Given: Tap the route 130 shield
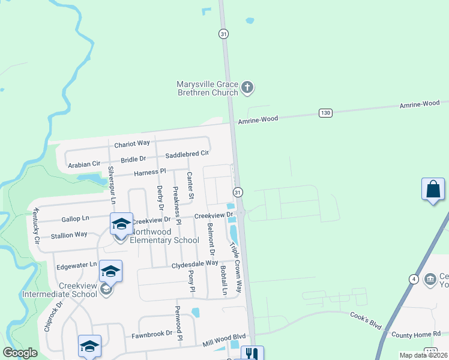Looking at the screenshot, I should point(325,113).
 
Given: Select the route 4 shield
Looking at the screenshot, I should point(414,278).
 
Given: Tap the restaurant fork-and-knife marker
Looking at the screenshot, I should point(252,354).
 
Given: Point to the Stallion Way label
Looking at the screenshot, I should point(68,235).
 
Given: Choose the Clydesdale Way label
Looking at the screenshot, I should point(194,263).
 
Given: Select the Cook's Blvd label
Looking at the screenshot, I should point(366,319).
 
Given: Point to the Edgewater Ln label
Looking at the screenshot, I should point(76,264).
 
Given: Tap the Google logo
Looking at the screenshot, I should point(20,353).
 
